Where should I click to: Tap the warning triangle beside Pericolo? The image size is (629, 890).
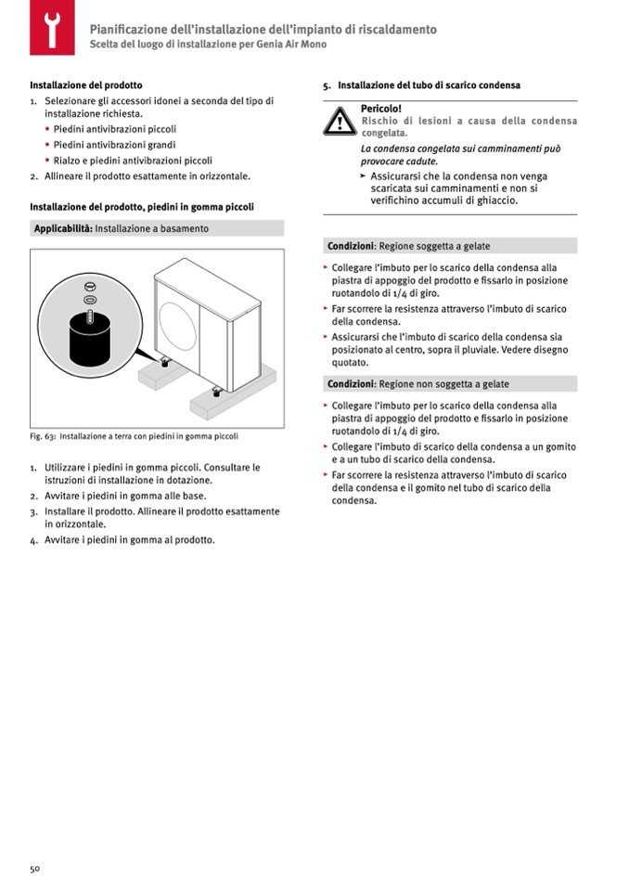(x=340, y=122)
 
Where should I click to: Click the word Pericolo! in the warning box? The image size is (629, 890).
(x=380, y=109)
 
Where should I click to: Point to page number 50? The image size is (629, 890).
(x=35, y=869)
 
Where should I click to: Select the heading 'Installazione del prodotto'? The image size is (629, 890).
(x=86, y=84)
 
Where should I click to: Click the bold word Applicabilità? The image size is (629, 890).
(x=62, y=228)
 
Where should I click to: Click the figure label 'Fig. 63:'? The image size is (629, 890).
(x=44, y=435)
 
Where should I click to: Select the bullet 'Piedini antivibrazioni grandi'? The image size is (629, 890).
(x=114, y=145)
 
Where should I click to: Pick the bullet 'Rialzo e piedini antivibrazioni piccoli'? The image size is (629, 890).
(x=133, y=160)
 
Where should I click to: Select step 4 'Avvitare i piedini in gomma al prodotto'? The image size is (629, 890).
(x=129, y=540)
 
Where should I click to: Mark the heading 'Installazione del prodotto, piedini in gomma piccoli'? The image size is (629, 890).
(x=142, y=207)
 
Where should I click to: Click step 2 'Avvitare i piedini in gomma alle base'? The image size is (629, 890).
(x=125, y=496)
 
